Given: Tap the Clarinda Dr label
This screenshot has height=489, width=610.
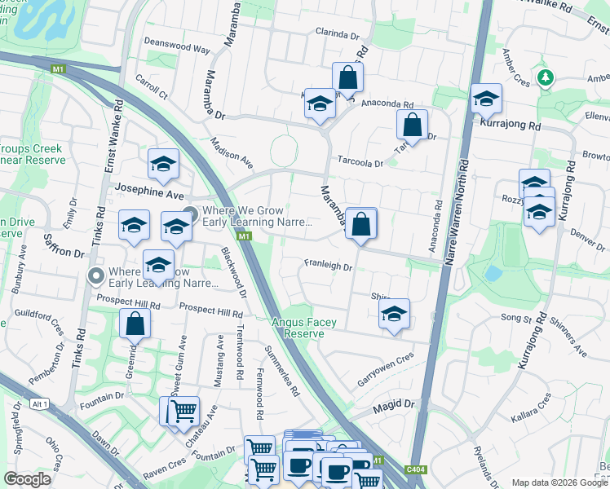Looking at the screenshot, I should pyautogui.click(x=338, y=36).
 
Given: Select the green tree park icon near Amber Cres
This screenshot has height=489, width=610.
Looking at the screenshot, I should pyautogui.click(x=546, y=78).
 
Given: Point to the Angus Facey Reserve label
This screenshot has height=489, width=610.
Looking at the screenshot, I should pyautogui.click(x=304, y=328).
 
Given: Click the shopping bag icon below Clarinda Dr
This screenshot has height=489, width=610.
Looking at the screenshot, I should pyautogui.click(x=347, y=78).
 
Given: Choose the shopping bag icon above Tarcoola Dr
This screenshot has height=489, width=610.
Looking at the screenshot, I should pyautogui.click(x=412, y=126).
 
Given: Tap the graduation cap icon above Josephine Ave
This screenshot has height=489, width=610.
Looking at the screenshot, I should pyautogui.click(x=163, y=165).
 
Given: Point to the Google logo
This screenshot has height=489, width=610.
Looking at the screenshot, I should pyautogui.click(x=27, y=479).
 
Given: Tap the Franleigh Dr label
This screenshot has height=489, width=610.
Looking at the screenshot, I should pyautogui.click(x=328, y=267).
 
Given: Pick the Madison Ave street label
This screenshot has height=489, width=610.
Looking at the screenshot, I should pyautogui.click(x=232, y=152).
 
